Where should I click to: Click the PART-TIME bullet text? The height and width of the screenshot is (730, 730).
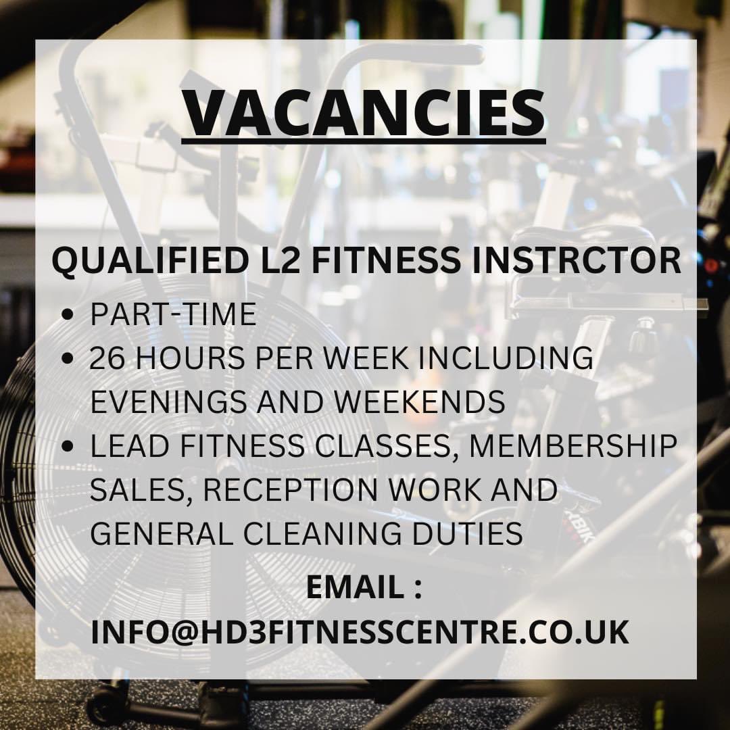click(x=173, y=314)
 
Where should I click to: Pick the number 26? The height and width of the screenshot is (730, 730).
click(x=107, y=358)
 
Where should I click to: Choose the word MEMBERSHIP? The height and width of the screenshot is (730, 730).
click(x=581, y=446)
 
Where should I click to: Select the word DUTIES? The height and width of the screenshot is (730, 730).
click(x=471, y=534)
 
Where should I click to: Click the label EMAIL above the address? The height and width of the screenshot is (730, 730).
click(x=354, y=587)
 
